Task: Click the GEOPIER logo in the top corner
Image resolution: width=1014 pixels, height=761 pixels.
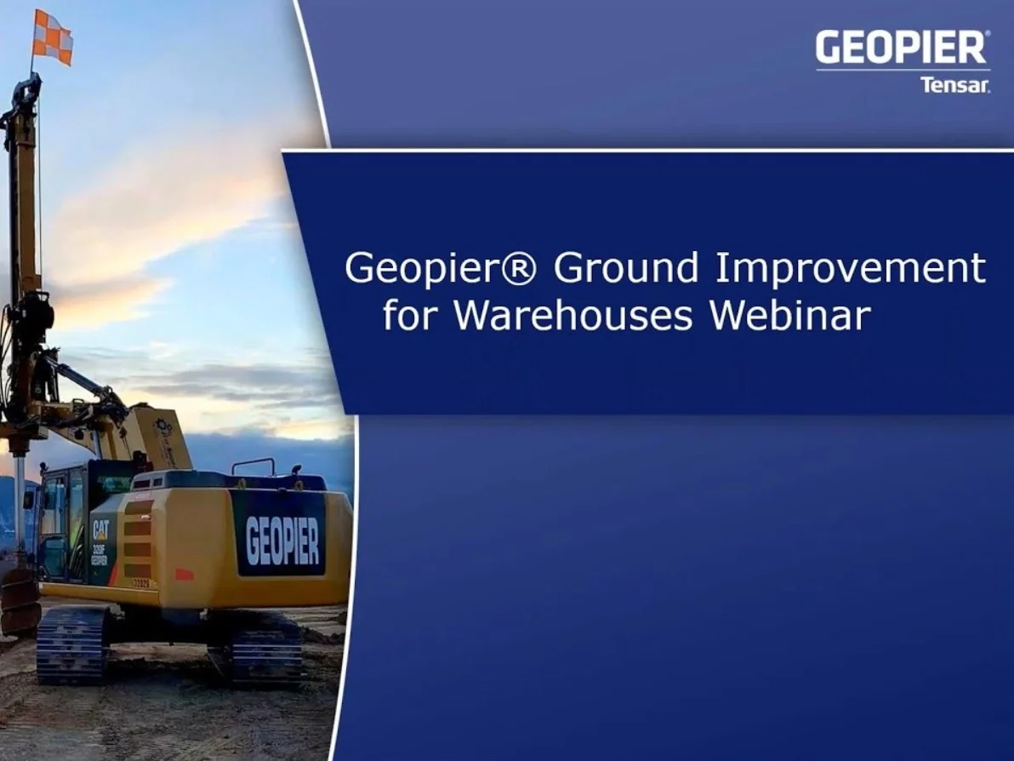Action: coord(902,48)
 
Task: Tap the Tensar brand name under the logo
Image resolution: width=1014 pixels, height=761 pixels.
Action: coord(954,84)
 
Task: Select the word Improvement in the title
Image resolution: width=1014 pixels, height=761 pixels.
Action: coord(850,269)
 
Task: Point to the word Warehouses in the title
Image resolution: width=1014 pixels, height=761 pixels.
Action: coord(574,315)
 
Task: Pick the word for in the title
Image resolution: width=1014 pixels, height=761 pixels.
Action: coord(412,315)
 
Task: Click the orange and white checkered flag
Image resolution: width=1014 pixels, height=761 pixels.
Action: coord(53,37)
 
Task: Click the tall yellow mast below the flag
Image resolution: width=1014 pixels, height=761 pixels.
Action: coord(23,196)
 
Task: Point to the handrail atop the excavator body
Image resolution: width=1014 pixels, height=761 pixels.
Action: coord(254,465)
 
